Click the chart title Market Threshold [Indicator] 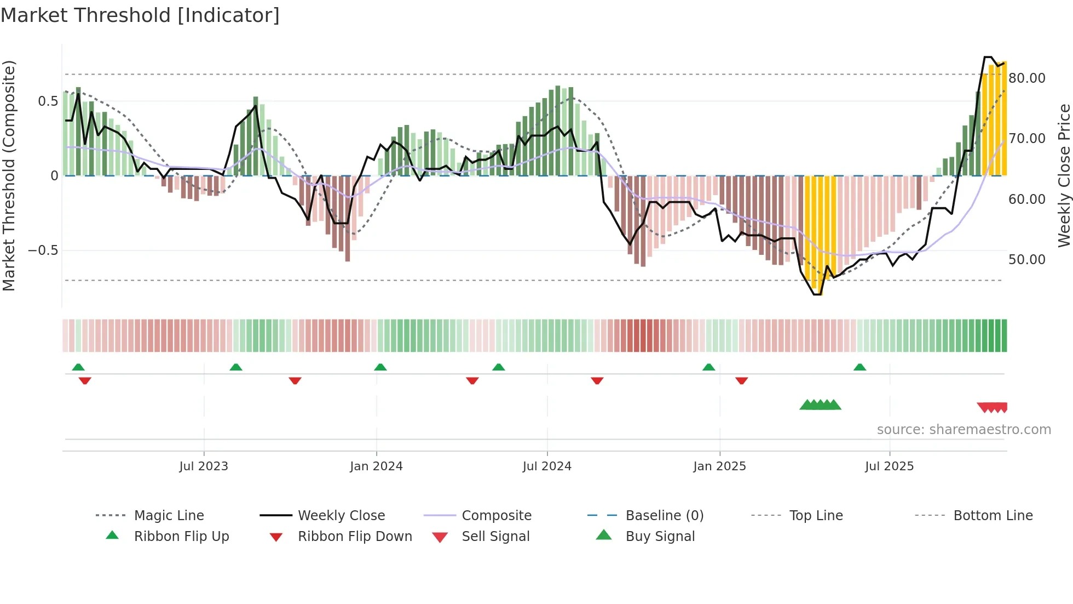pyautogui.click(x=140, y=15)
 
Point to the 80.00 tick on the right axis pyautogui.click(x=1026, y=78)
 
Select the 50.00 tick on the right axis pyautogui.click(x=1026, y=260)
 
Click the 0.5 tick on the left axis pyautogui.click(x=48, y=101)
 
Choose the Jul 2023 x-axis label pyautogui.click(x=204, y=466)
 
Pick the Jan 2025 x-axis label pyautogui.click(x=719, y=466)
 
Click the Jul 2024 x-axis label pyautogui.click(x=547, y=466)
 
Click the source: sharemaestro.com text pyautogui.click(x=964, y=430)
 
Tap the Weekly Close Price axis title pyautogui.click(x=1064, y=175)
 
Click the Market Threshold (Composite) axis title pyautogui.click(x=9, y=175)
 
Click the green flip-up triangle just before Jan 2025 pyautogui.click(x=709, y=367)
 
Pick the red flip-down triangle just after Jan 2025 pyautogui.click(x=742, y=380)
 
